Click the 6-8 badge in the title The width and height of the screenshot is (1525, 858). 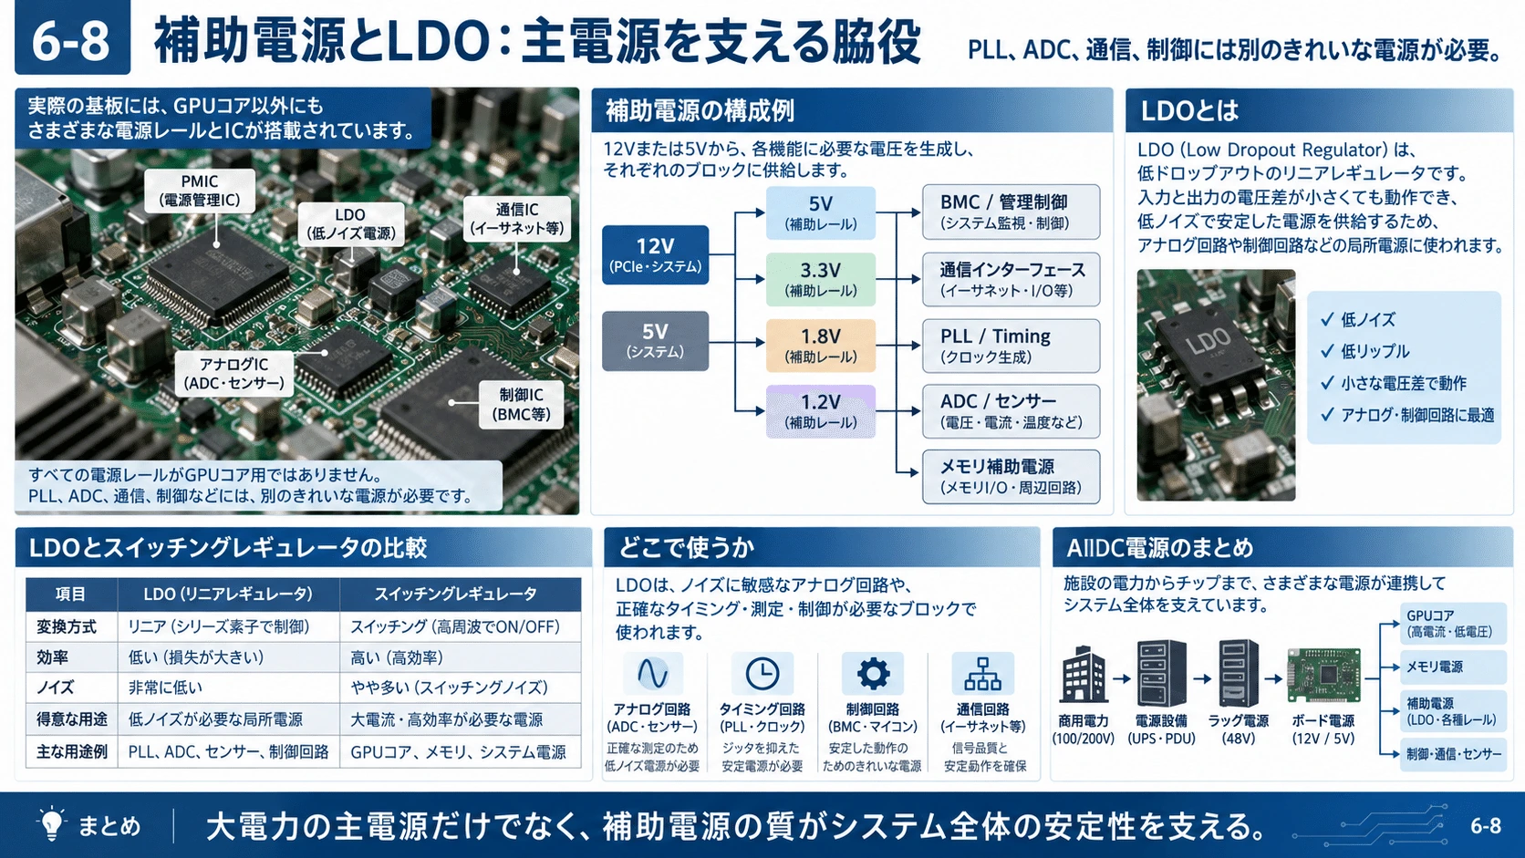click(72, 36)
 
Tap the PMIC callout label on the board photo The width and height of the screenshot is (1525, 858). click(200, 191)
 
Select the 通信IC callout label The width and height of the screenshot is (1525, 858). click(517, 219)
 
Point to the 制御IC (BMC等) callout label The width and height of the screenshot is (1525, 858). click(521, 405)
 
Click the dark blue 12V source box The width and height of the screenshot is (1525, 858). click(655, 254)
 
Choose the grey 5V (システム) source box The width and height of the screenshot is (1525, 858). click(655, 341)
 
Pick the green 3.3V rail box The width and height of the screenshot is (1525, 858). click(820, 279)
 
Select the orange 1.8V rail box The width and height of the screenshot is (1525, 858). click(820, 345)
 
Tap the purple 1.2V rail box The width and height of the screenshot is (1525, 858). click(820, 411)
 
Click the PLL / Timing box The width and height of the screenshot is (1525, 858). click(1011, 346)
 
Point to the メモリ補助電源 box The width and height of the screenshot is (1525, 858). click(1011, 476)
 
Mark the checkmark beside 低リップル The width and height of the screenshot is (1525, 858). click(1327, 351)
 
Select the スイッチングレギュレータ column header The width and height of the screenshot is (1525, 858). click(455, 594)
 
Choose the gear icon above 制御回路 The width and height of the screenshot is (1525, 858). click(873, 674)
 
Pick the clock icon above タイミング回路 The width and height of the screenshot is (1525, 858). click(762, 674)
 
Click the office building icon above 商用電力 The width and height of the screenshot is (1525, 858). click(1084, 674)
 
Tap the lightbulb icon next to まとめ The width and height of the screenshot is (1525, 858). click(52, 823)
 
